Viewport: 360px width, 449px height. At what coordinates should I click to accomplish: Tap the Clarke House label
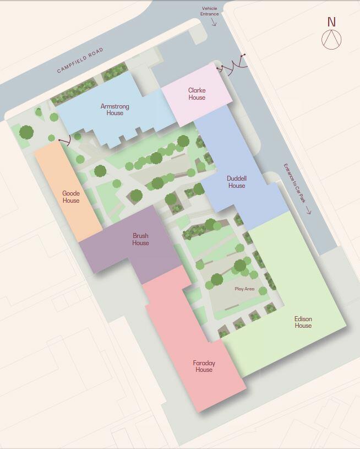pos(197,94)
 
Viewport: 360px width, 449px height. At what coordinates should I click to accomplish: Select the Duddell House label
pos(236,182)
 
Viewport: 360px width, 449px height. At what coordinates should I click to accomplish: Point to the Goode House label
pos(71,197)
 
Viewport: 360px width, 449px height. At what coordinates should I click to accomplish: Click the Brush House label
pos(140,239)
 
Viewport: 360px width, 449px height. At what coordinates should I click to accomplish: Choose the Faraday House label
pos(204,366)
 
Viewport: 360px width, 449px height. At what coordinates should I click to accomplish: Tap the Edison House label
pos(303,322)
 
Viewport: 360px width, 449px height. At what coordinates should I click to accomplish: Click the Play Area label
pos(244,289)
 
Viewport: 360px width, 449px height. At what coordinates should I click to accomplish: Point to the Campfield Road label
pos(80,61)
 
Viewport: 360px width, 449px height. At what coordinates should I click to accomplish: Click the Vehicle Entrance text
pos(210,11)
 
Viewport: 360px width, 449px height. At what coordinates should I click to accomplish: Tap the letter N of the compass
pos(331,22)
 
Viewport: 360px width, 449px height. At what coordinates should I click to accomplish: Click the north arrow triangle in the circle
pos(331,39)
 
